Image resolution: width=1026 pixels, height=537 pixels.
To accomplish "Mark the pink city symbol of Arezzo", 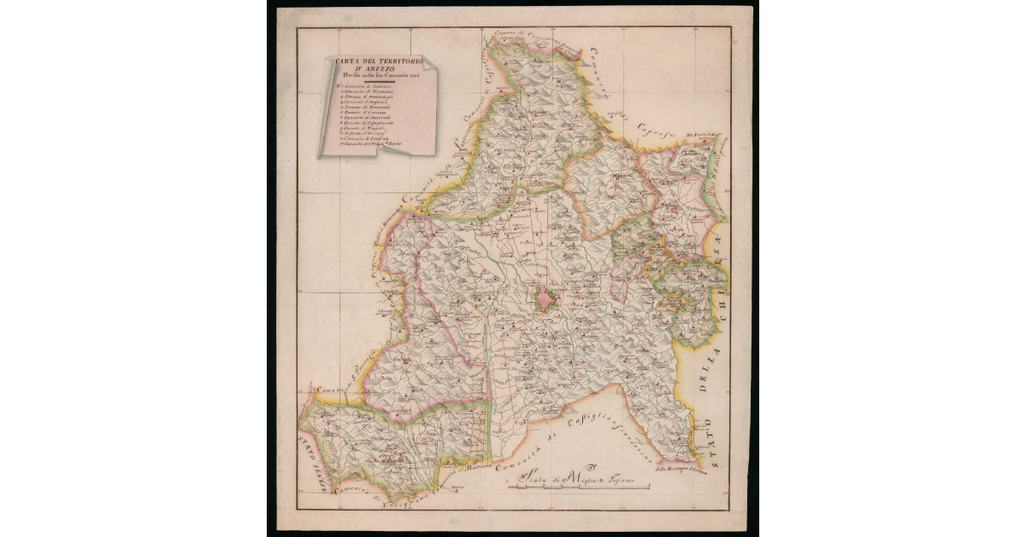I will [545, 299].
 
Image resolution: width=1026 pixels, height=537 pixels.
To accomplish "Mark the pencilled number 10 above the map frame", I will [345, 17].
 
